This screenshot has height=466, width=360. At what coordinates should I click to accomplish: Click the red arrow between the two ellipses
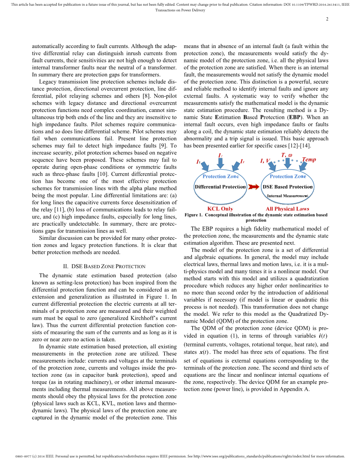click(254, 186)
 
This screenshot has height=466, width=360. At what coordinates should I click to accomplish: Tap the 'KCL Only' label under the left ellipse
click(220, 209)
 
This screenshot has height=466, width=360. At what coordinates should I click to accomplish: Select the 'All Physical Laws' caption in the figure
click(287, 209)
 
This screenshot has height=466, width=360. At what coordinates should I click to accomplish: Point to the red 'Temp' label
click(309, 160)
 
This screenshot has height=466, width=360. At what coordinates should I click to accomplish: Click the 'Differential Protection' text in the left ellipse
click(220, 186)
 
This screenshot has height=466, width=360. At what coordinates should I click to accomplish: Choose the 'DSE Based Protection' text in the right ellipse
click(288, 186)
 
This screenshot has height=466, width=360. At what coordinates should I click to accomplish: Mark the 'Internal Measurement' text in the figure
click(288, 196)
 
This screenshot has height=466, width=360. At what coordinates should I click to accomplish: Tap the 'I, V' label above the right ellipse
click(265, 161)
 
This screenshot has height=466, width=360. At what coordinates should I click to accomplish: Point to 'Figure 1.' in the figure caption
click(194, 215)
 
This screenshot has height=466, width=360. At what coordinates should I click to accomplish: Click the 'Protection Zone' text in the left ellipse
click(220, 176)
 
